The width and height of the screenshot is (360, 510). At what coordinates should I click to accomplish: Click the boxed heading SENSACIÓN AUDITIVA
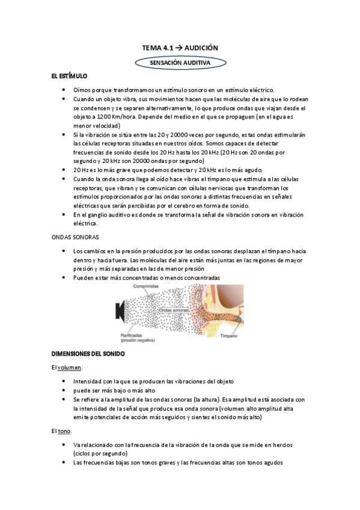click(180, 62)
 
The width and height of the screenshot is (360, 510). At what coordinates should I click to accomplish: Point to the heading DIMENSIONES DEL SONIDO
click(88, 354)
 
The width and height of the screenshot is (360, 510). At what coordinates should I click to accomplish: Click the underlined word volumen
click(70, 367)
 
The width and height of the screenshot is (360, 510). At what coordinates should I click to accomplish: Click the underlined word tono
click(64, 431)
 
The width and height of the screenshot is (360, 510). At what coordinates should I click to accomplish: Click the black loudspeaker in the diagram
click(120, 312)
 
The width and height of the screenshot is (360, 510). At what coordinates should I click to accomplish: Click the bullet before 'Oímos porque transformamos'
click(64, 89)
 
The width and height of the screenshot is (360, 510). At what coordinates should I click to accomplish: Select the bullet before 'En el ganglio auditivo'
click(64, 215)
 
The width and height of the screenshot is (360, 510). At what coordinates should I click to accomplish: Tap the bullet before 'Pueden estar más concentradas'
click(64, 277)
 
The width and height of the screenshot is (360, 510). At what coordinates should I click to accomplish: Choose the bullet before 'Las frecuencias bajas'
click(64, 462)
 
